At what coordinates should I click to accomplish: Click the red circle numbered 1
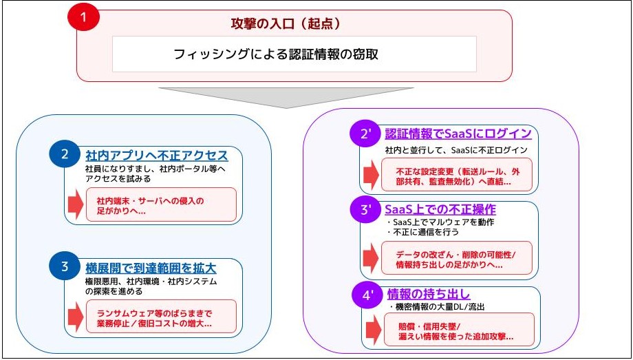(85, 19)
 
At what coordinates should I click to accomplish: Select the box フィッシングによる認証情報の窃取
(294, 54)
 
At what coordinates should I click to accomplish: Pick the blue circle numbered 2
(65, 155)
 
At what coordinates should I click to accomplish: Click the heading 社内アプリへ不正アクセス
(156, 154)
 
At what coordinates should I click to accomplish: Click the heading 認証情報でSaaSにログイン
(458, 133)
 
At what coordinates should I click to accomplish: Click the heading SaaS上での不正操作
(440, 209)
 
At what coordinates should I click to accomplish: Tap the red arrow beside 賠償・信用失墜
(372, 330)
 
